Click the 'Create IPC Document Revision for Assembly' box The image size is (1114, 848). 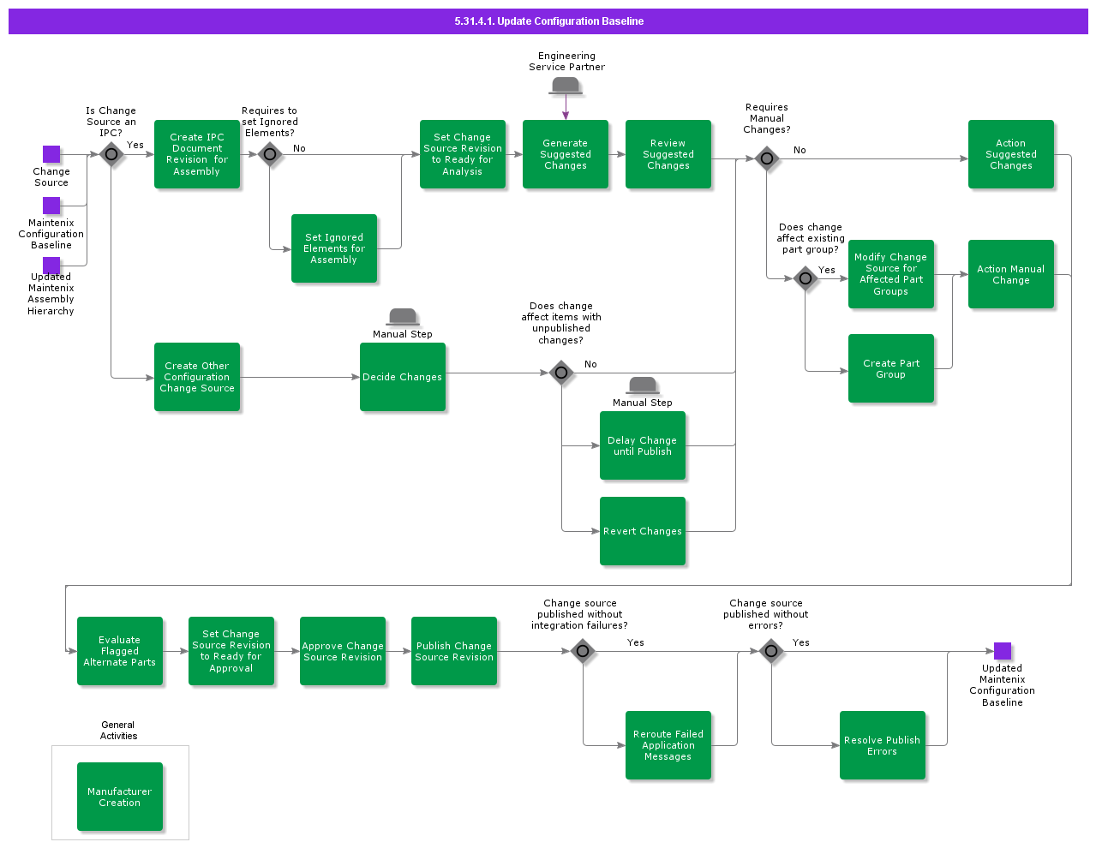tap(197, 154)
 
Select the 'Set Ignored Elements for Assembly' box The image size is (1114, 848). tap(334, 248)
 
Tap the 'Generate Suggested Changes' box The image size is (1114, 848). tap(566, 154)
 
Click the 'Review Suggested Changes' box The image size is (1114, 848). tap(668, 154)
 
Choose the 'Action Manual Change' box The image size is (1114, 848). tap(1011, 274)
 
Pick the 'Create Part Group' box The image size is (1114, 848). tap(891, 368)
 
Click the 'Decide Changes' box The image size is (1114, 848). tap(403, 377)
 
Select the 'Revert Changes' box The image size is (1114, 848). tap(643, 531)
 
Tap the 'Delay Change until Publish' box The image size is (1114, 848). tap(643, 445)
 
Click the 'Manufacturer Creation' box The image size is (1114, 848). tap(120, 797)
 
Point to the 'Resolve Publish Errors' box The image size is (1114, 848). tap(883, 745)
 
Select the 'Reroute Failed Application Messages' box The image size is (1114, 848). tap(668, 745)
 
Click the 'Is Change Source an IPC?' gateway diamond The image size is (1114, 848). tap(111, 155)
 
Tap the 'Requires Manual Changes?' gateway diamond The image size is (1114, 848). tap(767, 158)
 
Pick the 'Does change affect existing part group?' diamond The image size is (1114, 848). tap(806, 278)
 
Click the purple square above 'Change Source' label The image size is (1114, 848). tap(51, 154)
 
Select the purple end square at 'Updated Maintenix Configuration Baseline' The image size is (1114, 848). tap(1003, 651)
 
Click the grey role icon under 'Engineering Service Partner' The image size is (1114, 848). tap(566, 86)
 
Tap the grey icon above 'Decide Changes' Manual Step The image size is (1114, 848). tap(403, 317)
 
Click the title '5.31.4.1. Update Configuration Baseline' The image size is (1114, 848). tap(548, 21)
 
